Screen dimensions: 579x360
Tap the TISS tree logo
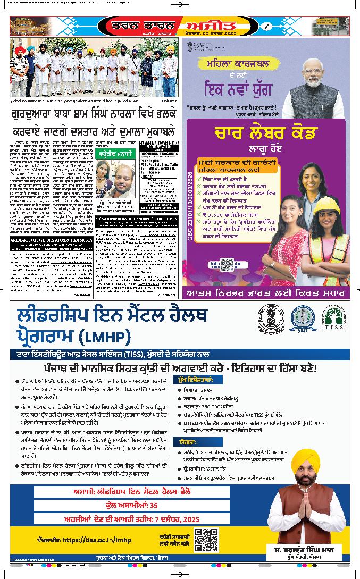click(334, 318)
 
